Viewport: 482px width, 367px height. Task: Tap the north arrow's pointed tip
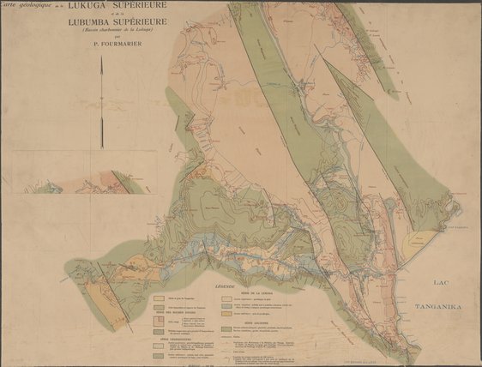(x=102, y=81)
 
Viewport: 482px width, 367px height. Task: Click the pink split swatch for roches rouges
(x=159, y=318)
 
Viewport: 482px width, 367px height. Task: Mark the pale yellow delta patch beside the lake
(x=419, y=241)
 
